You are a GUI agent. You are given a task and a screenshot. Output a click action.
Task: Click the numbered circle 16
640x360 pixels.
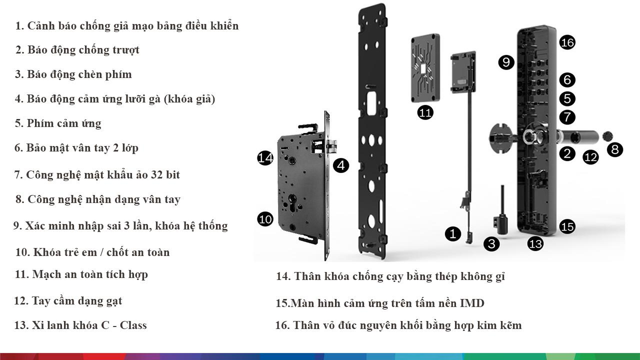tap(567, 42)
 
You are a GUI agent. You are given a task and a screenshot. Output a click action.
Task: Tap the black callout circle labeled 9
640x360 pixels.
tap(506, 62)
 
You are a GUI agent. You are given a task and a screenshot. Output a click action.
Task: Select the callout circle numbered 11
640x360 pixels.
tap(425, 112)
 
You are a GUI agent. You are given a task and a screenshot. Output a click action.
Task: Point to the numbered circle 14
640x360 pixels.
tap(265, 157)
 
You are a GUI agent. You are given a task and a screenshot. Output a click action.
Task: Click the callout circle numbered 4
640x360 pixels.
tap(341, 165)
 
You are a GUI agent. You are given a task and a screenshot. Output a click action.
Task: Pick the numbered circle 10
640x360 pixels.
tap(265, 219)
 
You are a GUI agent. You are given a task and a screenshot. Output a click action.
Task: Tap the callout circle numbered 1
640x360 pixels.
tap(453, 233)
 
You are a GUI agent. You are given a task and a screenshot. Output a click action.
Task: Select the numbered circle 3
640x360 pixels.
tap(491, 243)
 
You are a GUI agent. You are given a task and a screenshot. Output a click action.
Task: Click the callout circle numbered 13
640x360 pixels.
tap(535, 243)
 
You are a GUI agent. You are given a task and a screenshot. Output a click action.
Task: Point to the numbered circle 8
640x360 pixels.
tap(615, 149)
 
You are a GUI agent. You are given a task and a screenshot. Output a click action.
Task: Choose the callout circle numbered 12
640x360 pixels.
tap(590, 157)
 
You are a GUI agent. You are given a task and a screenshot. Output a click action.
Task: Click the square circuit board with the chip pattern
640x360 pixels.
tap(425, 68)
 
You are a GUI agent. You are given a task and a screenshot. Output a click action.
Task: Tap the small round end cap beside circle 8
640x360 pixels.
tap(607, 136)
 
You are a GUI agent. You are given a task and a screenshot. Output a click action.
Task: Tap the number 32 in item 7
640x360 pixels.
tap(156, 174)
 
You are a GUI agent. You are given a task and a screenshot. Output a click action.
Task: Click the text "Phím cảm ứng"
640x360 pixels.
tap(64, 123)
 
